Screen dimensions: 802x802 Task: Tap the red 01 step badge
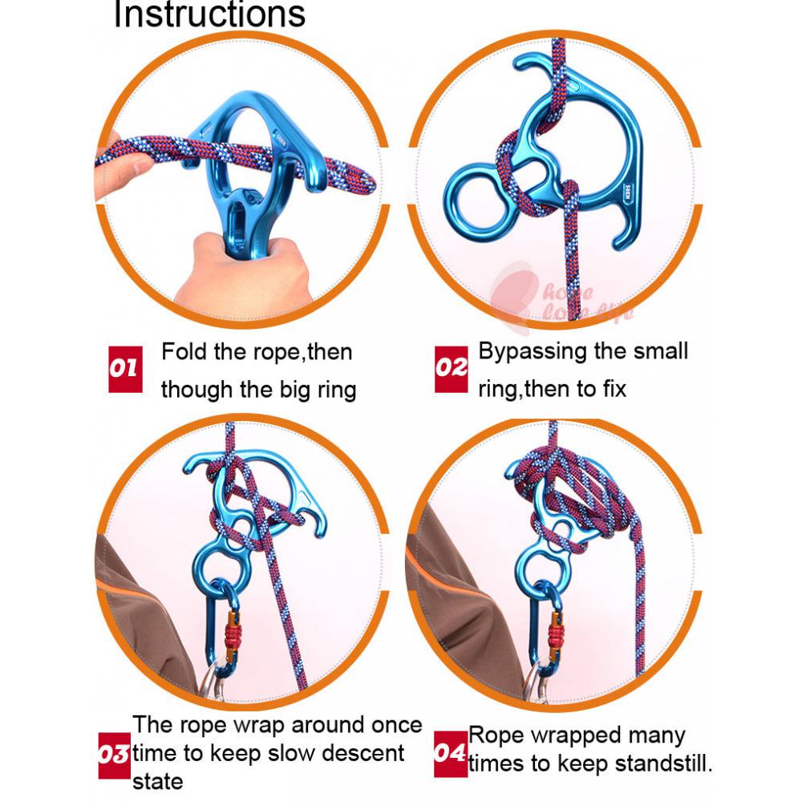[x=125, y=369]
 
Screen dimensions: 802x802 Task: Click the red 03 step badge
[x=114, y=755]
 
